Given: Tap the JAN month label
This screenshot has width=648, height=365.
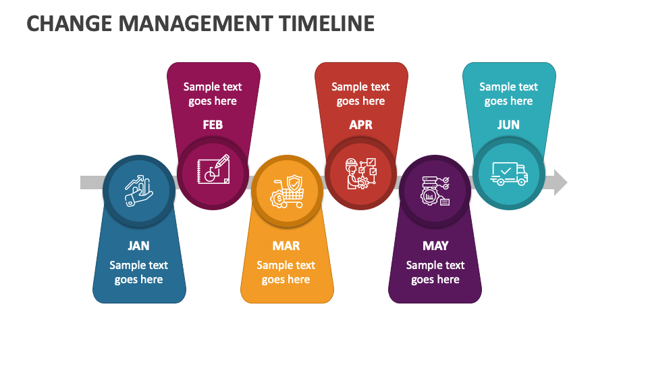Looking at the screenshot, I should click(x=138, y=246).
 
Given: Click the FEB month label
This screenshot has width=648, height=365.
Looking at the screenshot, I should click(x=213, y=125).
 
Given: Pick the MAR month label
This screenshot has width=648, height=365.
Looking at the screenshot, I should click(x=286, y=246).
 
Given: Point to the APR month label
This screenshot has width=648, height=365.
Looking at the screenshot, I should click(x=360, y=125).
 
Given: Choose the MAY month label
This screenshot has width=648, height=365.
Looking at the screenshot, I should click(x=435, y=246).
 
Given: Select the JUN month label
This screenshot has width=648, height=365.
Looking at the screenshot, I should click(x=508, y=125).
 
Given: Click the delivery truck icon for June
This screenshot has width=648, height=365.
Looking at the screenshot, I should click(x=509, y=174).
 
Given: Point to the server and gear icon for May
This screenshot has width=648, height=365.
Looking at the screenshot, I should click(x=435, y=191).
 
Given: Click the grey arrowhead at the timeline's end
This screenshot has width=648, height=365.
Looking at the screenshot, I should click(x=560, y=182).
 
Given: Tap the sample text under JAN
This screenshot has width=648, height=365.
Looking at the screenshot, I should click(x=138, y=272).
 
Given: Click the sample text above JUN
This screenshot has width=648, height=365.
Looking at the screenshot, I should click(x=508, y=94).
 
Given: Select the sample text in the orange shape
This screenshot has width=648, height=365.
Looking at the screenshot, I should click(x=286, y=272).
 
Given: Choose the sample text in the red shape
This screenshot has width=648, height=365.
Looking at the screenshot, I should click(x=360, y=94).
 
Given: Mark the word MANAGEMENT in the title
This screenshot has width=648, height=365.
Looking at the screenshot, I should click(x=192, y=24).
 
